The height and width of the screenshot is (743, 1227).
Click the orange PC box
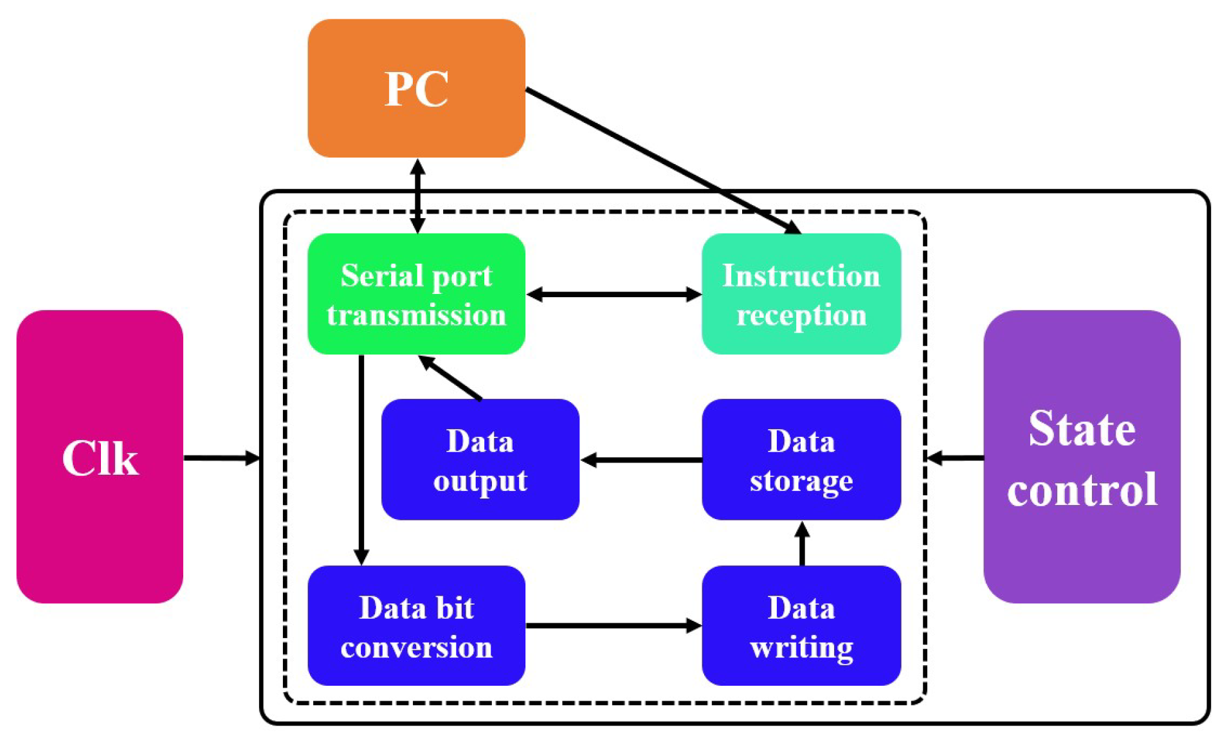[x=416, y=88]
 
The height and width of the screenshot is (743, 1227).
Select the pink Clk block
[x=100, y=457]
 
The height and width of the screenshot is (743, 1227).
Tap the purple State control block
[x=1082, y=457]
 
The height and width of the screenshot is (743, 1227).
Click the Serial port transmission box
[x=416, y=294]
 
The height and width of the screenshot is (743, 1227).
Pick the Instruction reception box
[x=801, y=294]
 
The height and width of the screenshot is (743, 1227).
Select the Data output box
[x=480, y=459]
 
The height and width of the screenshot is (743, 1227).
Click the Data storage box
[x=801, y=459]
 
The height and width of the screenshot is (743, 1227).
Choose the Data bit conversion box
[x=416, y=625]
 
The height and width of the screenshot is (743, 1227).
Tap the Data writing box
[x=801, y=625]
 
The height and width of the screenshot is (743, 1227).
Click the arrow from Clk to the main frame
[x=221, y=458]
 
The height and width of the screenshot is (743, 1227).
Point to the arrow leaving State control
[x=955, y=458]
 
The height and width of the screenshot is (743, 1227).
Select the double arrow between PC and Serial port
[x=417, y=196]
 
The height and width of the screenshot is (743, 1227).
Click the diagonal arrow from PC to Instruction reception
[x=662, y=160]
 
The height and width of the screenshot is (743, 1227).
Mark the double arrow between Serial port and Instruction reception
[x=613, y=295]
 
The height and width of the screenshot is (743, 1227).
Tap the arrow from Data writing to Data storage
[x=801, y=544]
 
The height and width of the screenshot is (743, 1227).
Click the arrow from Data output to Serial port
[x=450, y=378]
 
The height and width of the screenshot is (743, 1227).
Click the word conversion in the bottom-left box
[x=416, y=647]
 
